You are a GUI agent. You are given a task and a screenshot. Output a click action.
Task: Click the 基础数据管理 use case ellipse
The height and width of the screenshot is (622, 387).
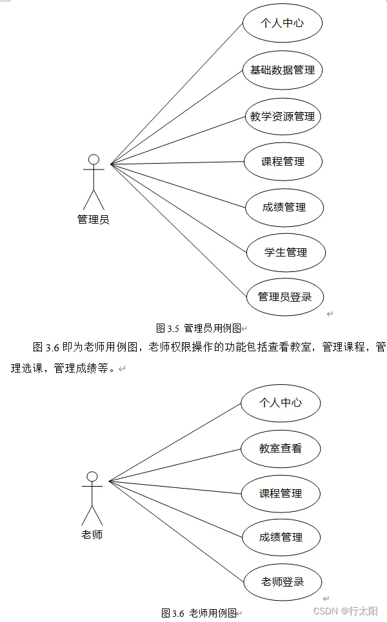282,70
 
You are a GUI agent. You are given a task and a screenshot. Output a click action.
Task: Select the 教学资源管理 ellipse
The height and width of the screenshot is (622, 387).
283,117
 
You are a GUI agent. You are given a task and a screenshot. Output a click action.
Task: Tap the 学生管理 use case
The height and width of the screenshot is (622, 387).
286,252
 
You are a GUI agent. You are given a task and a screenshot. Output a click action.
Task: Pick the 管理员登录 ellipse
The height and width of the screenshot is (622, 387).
284,296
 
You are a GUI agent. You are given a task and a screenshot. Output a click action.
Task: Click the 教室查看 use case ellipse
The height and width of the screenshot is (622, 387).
281,448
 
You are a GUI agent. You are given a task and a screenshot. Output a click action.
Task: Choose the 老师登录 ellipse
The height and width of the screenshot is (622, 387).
283,581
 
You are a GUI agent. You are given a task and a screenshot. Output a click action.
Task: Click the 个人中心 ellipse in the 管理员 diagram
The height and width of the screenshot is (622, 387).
282,24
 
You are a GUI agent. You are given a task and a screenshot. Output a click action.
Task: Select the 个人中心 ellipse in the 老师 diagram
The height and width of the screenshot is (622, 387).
281,403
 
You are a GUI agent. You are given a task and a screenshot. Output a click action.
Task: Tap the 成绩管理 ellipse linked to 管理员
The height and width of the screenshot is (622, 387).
284,207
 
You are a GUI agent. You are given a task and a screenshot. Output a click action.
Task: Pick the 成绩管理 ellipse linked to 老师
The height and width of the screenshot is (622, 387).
281,537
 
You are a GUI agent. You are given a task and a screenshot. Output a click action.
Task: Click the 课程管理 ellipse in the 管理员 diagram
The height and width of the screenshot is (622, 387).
283,161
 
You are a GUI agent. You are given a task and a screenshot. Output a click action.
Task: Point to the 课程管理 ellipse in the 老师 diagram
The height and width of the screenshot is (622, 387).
281,493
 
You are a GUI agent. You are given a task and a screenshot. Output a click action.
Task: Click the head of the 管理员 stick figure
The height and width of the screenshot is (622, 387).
94,159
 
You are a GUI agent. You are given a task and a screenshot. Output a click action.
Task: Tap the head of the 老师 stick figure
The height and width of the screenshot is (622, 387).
92,476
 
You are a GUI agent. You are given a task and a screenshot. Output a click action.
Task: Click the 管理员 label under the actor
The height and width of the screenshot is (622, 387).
94,219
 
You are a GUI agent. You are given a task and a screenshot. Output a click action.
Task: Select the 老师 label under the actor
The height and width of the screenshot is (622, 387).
92,534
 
